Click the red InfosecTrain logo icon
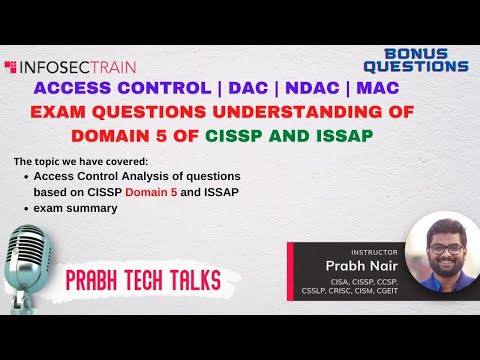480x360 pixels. coord(11,68)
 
